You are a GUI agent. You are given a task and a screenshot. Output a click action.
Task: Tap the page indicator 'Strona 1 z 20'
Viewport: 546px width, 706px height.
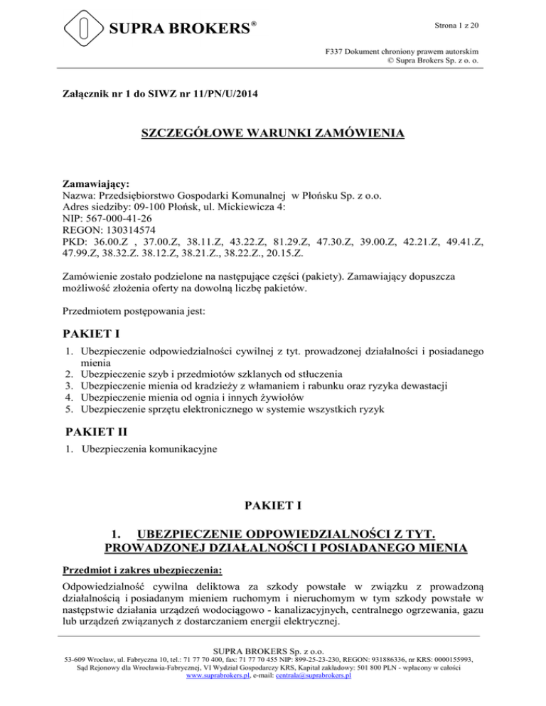tap(456, 26)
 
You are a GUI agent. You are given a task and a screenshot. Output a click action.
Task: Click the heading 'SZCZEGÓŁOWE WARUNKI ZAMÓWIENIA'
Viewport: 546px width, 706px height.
tap(273, 134)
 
